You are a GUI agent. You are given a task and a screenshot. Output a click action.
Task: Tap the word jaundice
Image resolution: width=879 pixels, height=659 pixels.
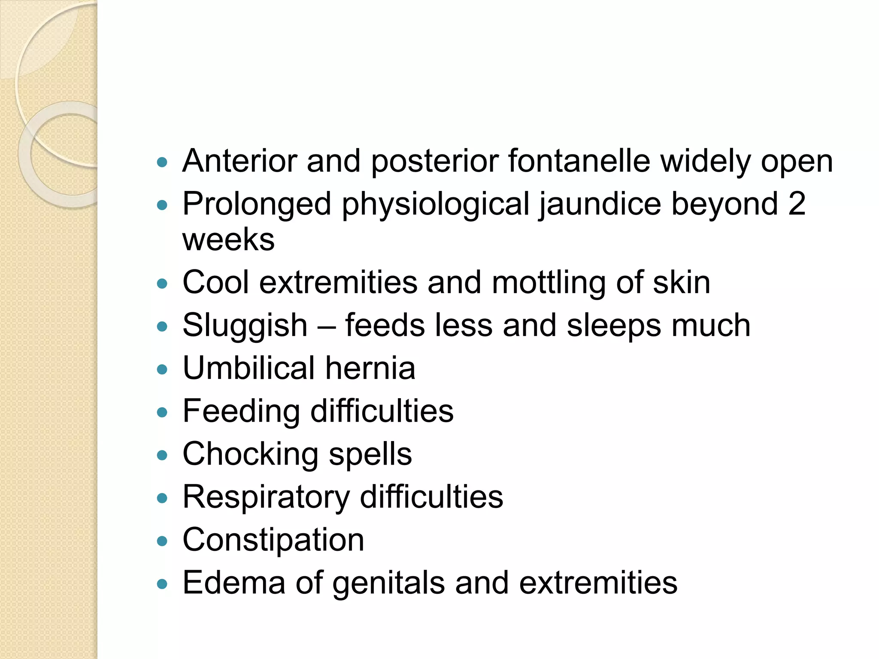coord(600,204)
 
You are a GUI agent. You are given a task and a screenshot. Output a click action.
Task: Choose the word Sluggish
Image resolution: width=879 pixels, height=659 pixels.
coord(245,326)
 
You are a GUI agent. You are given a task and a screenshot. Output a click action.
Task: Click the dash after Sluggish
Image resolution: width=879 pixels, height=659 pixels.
coord(326,326)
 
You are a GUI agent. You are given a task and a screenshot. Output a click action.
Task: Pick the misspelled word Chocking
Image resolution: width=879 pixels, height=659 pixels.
coord(250,455)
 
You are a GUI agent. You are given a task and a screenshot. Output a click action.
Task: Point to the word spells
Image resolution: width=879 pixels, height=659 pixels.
coord(370,455)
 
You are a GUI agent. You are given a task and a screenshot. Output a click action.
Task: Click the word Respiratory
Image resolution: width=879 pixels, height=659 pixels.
coord(266,498)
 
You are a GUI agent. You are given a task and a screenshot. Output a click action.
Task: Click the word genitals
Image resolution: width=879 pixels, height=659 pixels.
coord(388,583)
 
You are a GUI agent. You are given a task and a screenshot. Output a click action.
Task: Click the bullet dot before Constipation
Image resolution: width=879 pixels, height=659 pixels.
coord(162,541)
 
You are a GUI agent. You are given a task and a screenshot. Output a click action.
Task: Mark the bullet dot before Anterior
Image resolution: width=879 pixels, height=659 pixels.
coord(162,162)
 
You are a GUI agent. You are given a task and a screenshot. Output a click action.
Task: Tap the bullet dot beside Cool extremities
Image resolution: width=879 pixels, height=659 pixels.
coord(162,284)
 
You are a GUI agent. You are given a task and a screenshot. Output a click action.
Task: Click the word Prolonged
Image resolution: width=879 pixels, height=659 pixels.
coord(257,204)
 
